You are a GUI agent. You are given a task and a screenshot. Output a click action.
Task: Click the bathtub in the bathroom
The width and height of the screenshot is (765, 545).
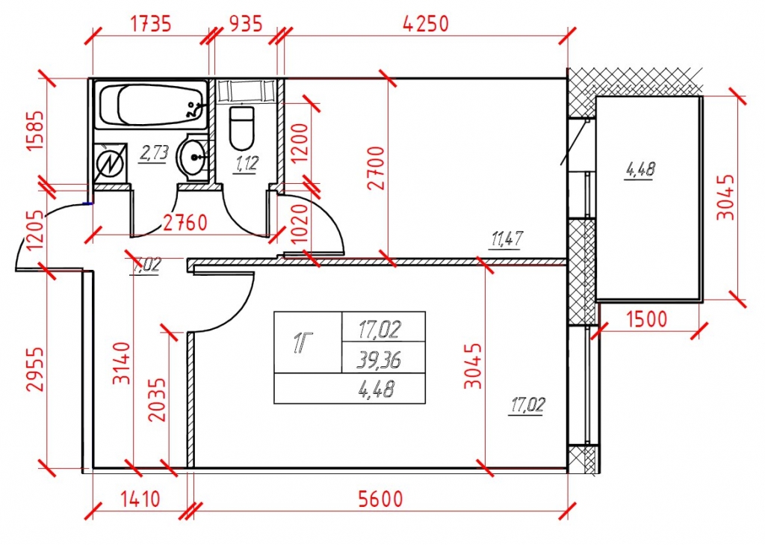[152, 105]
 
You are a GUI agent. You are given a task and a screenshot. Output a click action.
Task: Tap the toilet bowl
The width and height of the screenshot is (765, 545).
[241, 129]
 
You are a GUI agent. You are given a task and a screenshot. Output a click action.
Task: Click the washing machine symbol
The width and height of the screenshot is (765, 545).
[111, 164]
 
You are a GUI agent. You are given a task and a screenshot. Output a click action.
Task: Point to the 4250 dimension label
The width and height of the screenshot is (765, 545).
[425, 23]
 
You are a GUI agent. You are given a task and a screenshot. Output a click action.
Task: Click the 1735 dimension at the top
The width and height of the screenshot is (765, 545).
[150, 23]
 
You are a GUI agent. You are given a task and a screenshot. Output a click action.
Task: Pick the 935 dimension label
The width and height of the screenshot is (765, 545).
[245, 23]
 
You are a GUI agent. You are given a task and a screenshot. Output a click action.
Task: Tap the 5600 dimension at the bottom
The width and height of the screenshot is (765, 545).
[380, 499]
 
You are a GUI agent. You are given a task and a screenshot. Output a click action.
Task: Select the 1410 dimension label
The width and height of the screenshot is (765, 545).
[140, 499]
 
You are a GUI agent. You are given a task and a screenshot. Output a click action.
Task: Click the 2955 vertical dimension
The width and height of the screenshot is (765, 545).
[35, 369]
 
